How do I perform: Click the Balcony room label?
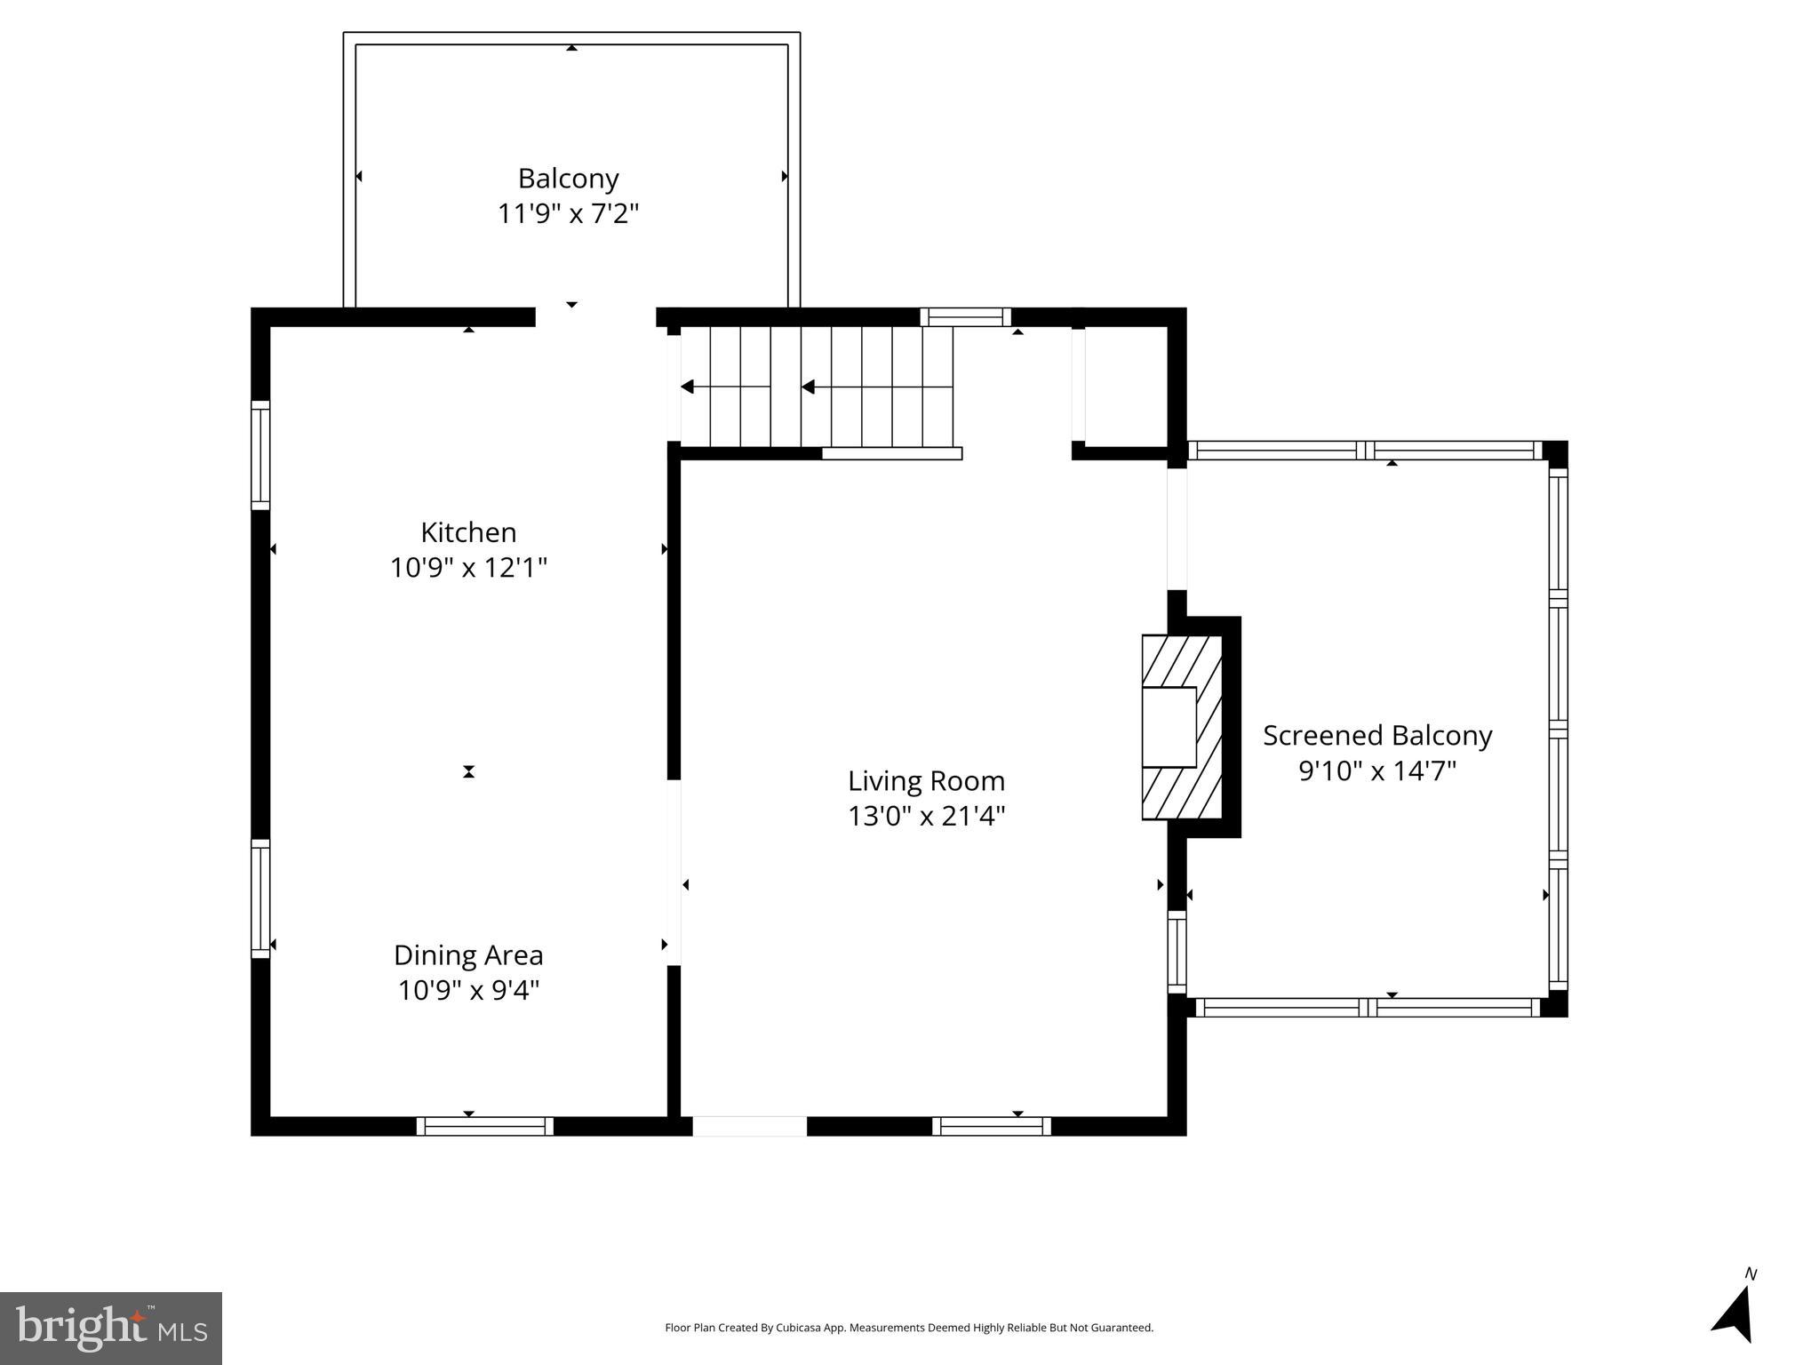point(568,179)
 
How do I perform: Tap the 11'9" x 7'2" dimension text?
point(568,214)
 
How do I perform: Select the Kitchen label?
point(468,532)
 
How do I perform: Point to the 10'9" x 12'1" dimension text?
point(468,568)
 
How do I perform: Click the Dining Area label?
point(468,955)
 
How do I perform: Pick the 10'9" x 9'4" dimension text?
point(468,990)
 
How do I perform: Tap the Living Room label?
point(926,781)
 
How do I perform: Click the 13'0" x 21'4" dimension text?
point(926,816)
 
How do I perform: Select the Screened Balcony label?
point(1377,736)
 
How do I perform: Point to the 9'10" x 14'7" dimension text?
point(1377,770)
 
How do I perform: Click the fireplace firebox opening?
point(1169,727)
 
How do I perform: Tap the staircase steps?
point(831,387)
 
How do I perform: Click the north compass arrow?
point(1735,1312)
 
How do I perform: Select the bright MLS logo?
point(111,1328)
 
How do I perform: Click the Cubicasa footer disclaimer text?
point(909,1328)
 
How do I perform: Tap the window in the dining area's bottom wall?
point(485,1126)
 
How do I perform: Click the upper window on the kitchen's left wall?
point(260,455)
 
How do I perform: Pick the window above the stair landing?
point(965,317)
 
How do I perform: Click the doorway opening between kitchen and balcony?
point(595,317)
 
